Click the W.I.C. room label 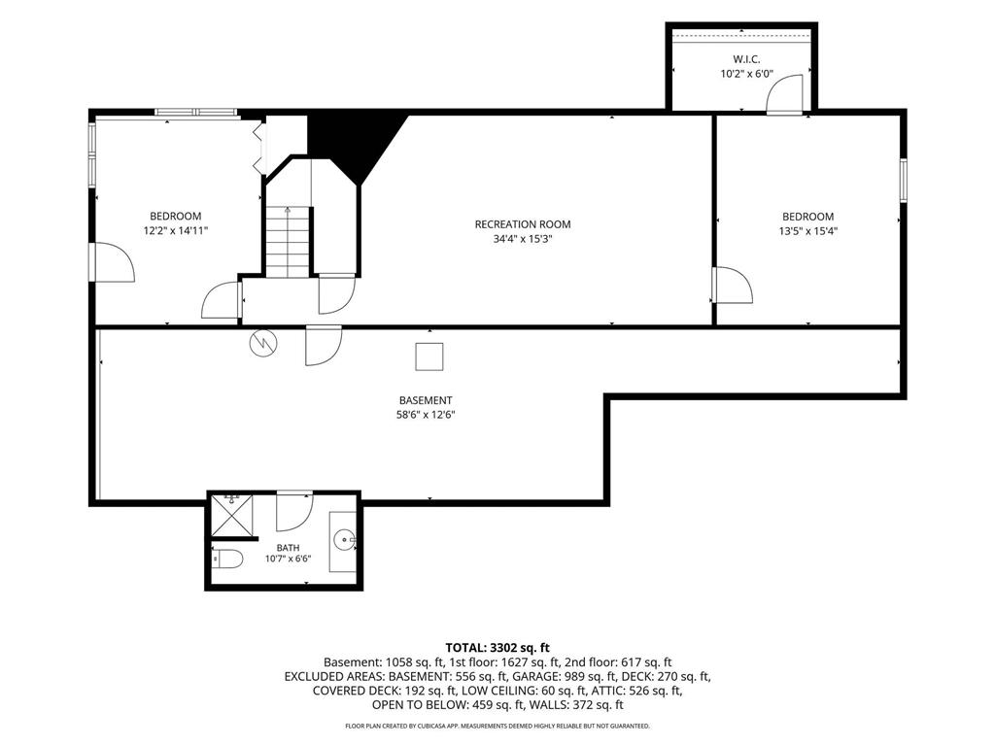pos(746,59)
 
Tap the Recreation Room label pos(522,224)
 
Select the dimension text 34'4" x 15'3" pos(522,239)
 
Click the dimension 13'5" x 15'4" pos(807,231)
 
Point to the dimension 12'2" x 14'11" pos(176,231)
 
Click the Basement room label pos(426,400)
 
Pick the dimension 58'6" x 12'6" pos(426,416)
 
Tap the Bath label pos(288,548)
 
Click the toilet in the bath pos(227,559)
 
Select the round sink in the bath pos(344,541)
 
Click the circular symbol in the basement pos(262,343)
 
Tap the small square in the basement pos(429,356)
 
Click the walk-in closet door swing pos(785,94)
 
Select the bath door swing pos(294,511)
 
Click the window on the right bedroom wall pos(903,181)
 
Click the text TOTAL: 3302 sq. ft pos(497,648)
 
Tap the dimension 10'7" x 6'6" pos(288,559)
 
